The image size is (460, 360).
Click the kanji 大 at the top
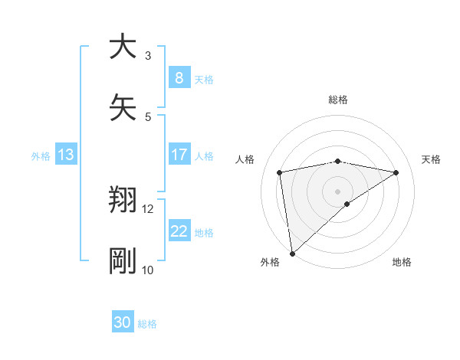point(123,47)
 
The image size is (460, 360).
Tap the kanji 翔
point(123,201)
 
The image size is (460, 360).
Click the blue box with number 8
point(179,77)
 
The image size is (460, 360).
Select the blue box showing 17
point(179,155)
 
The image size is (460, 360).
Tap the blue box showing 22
point(179,231)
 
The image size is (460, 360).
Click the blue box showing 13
point(65,155)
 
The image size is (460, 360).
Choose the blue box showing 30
point(122,322)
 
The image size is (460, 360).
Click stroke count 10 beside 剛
point(147,270)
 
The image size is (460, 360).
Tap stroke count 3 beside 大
point(147,55)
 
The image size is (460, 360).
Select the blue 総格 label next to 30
point(147,324)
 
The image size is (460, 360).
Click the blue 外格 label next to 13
point(41,156)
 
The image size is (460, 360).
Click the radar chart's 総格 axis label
point(338,100)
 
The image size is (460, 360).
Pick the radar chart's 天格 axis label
point(432,159)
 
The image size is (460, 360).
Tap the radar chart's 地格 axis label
point(402,262)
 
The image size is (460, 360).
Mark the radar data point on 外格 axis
point(291,253)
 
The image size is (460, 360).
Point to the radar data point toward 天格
point(396,172)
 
